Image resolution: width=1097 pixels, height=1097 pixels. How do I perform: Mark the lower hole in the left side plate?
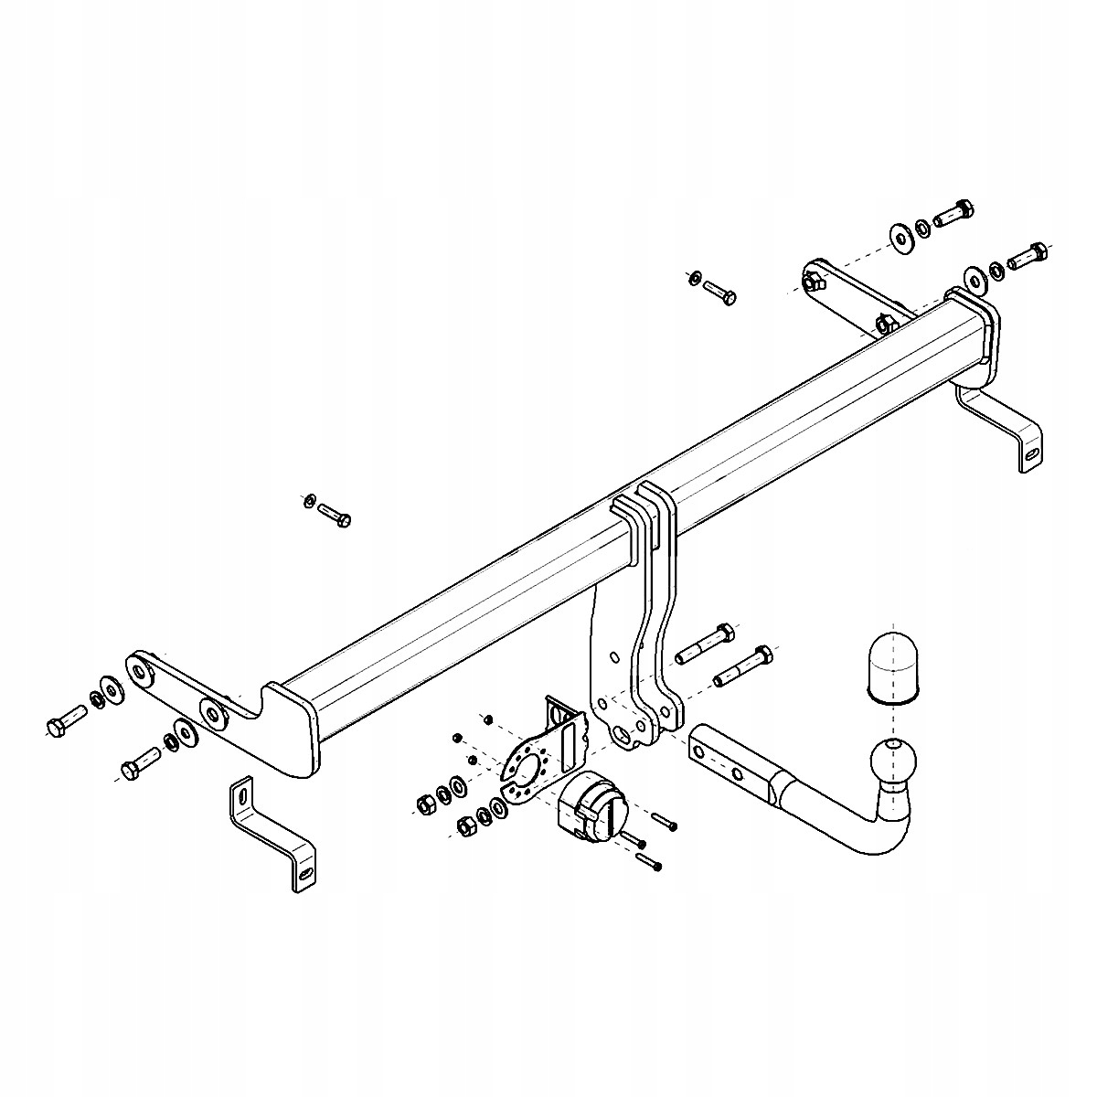click(x=212, y=714)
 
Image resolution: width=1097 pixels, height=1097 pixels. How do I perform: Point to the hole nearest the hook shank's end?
click(x=699, y=751)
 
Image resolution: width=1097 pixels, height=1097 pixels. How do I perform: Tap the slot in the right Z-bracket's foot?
click(x=1030, y=453)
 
